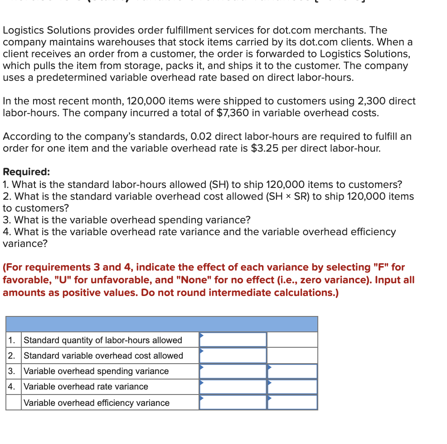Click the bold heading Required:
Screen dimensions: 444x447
26,172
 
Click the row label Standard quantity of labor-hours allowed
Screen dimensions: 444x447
102,340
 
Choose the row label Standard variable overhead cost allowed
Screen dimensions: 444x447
103,355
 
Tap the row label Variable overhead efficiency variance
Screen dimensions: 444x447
96,403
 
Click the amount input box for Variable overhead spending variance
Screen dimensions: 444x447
233,371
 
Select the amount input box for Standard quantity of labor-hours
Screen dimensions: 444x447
233,340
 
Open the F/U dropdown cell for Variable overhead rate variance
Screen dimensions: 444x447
292,387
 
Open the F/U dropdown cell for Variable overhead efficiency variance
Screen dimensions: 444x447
292,403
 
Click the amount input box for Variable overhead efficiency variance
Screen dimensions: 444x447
233,403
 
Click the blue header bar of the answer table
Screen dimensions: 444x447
161,324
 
